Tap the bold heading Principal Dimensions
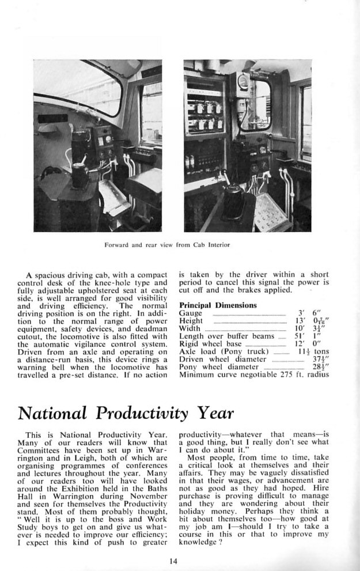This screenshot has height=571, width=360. (218, 305)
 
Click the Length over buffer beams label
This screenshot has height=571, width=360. (228, 336)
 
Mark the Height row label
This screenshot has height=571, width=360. (191, 320)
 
